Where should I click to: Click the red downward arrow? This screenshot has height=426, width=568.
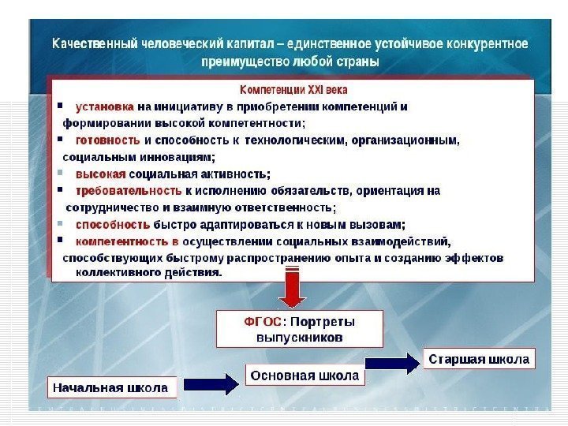click(x=292, y=289)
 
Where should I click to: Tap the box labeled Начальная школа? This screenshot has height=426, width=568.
click(x=110, y=387)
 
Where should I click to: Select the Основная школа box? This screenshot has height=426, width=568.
click(x=305, y=376)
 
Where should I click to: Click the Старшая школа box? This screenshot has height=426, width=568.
click(x=479, y=360)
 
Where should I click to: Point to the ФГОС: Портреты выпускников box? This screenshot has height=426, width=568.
click(x=300, y=329)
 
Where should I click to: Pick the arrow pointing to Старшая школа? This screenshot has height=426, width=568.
click(x=392, y=363)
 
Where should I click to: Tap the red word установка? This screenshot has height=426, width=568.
click(x=105, y=106)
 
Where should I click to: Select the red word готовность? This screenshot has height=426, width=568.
click(x=108, y=140)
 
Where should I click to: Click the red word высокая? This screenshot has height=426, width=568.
click(x=100, y=174)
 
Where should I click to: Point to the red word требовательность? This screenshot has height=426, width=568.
click(x=129, y=191)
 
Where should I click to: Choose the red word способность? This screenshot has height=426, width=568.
click(x=111, y=224)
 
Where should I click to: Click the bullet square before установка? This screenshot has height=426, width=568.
click(x=62, y=106)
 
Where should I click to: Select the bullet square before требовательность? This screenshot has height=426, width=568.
click(x=62, y=191)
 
